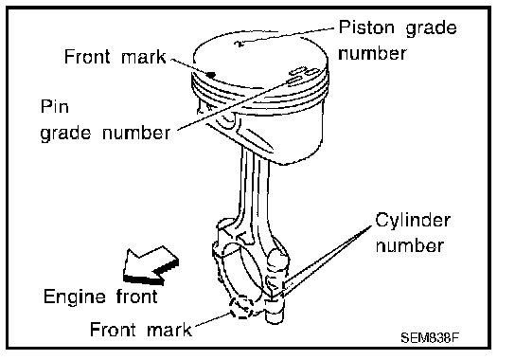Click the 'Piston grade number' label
coord(398,40)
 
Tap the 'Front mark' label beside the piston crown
coord(115,57)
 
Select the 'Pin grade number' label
coord(105,120)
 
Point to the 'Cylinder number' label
coord(413,233)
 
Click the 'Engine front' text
coord(100,297)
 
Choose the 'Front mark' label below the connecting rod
coord(140,330)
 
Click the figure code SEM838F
coord(429,337)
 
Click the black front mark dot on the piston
coord(211,75)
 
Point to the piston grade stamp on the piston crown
coord(240,43)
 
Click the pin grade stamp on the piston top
coord(302,75)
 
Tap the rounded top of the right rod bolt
coord(277,257)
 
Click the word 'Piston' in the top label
coord(366,27)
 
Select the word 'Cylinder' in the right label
coord(413,221)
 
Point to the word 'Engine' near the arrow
coord(75,297)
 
